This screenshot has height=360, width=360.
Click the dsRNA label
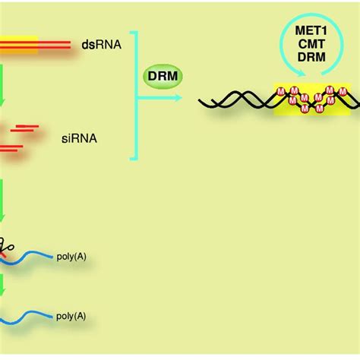pyautogui.click(x=97, y=45)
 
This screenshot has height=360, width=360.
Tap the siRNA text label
pyautogui.click(x=78, y=140)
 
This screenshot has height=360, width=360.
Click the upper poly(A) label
pyautogui.click(x=71, y=256)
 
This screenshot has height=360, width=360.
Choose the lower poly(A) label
pyautogui.click(x=71, y=315)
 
